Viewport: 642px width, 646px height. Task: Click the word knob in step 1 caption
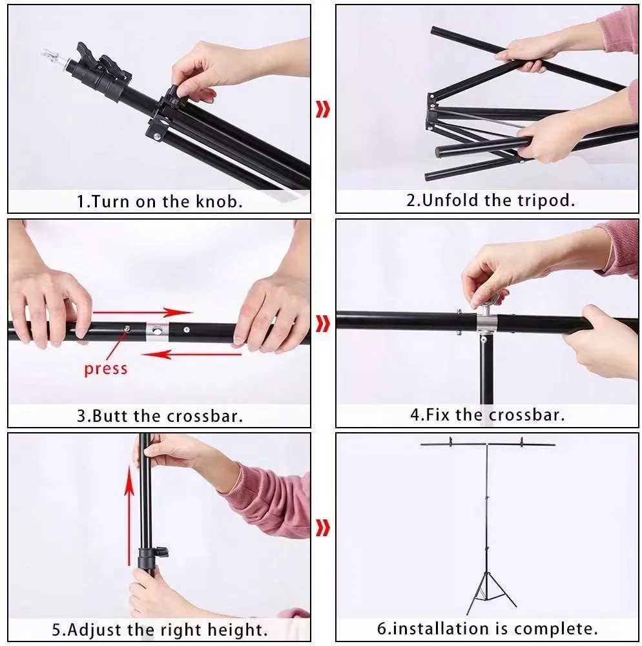[218, 202]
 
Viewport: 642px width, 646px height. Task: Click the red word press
[106, 369]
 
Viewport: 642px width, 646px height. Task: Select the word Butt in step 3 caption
[110, 415]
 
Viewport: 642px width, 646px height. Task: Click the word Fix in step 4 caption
[438, 415]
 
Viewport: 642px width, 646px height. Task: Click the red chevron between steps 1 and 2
[323, 109]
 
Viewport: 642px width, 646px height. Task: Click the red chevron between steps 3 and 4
[323, 324]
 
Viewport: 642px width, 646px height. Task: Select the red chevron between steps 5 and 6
[323, 528]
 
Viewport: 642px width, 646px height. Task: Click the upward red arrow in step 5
[129, 516]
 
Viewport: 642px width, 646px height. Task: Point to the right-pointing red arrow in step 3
[143, 312]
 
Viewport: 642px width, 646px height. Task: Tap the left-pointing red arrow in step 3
[191, 354]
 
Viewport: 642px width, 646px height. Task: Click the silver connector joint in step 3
[157, 331]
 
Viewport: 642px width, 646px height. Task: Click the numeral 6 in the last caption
[382, 629]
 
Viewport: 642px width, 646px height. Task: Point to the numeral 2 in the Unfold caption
[411, 201]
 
